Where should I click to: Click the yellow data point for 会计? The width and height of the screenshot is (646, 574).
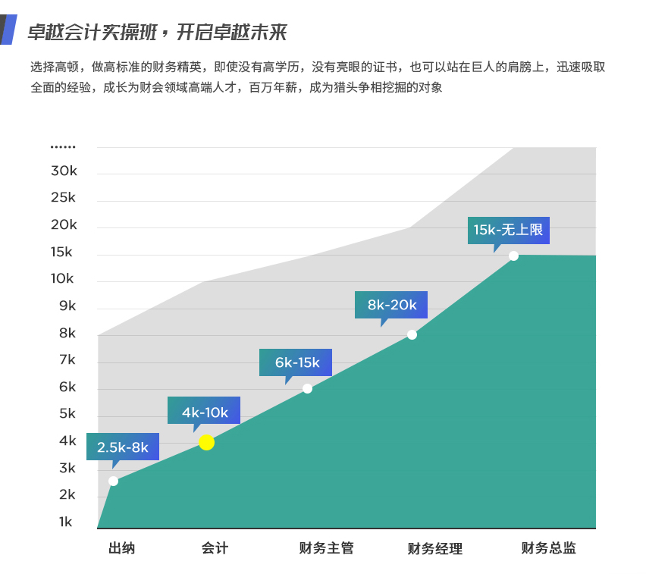[206, 442]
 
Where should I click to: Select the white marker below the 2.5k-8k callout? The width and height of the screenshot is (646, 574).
[113, 481]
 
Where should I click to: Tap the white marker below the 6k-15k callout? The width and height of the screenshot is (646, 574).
[307, 388]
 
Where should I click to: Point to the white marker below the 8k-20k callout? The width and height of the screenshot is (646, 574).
[412, 334]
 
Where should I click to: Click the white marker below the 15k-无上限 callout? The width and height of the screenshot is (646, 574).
[513, 256]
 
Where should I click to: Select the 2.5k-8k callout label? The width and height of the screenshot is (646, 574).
[123, 447]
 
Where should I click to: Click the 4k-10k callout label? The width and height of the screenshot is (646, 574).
[204, 412]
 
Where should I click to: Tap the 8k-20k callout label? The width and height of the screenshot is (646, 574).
[391, 305]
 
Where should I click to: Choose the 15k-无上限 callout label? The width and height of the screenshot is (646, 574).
[508, 230]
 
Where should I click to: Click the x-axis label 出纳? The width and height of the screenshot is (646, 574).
[121, 548]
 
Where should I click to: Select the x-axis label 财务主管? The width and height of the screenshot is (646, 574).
[327, 548]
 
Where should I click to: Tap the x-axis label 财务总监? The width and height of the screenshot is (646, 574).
[548, 548]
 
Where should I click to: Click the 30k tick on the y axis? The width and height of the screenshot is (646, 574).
[64, 171]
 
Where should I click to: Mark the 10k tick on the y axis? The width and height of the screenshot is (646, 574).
[62, 279]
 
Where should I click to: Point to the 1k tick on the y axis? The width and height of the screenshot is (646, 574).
[66, 522]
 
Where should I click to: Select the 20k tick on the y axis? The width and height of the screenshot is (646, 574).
[64, 225]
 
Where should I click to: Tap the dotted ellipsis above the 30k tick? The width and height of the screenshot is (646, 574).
[63, 146]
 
